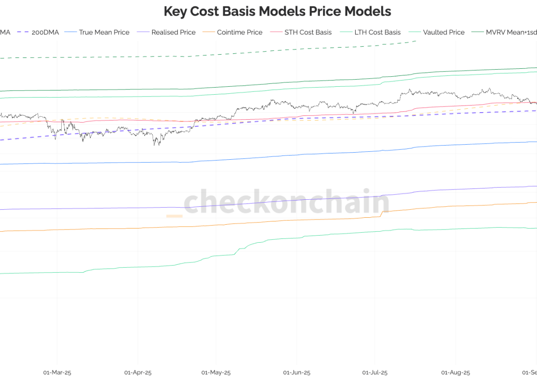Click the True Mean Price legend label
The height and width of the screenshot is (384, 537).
pyautogui.click(x=104, y=33)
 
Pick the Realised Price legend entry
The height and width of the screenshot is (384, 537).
pyautogui.click(x=173, y=33)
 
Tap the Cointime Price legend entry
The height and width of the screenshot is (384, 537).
pyautogui.click(x=239, y=33)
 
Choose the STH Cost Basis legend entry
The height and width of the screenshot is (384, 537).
pyautogui.click(x=308, y=33)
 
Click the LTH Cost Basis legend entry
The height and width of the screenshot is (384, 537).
pyautogui.click(x=377, y=33)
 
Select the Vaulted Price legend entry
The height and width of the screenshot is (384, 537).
pyautogui.click(x=443, y=33)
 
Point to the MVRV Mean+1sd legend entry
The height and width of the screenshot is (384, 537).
pyautogui.click(x=511, y=33)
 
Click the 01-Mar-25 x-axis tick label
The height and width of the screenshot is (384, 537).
pyautogui.click(x=57, y=373)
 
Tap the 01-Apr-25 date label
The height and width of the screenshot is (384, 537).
pyautogui.click(x=138, y=373)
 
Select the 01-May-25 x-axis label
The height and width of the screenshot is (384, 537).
pyautogui.click(x=216, y=373)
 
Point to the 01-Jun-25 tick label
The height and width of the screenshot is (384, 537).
pyautogui.click(x=297, y=373)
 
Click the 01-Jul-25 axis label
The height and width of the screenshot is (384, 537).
pyautogui.click(x=375, y=373)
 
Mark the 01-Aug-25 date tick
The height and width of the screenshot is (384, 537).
pyautogui.click(x=456, y=373)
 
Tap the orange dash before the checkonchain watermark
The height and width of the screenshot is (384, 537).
pyautogui.click(x=174, y=216)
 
